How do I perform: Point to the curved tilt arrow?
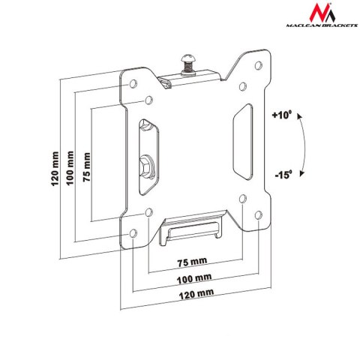pos(301,145)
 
